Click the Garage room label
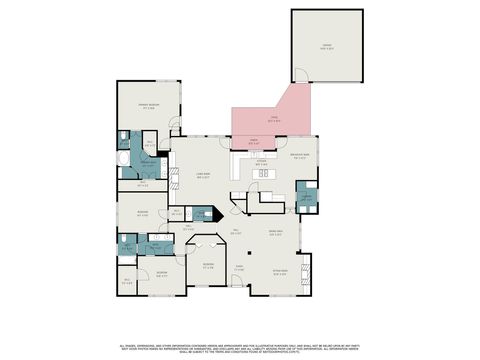[326, 43]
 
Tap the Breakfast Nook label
[299, 157]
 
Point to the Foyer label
[239, 268]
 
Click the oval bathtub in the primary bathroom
[124, 159]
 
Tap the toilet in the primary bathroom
[121, 138]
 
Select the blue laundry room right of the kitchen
[307, 196]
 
